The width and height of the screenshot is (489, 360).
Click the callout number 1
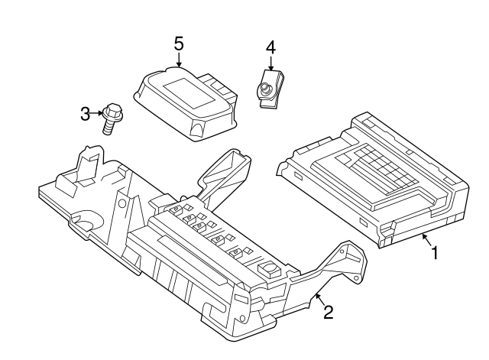click(x=436, y=251)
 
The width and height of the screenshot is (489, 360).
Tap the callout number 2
click(x=329, y=312)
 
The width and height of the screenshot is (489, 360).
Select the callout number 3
click(x=85, y=115)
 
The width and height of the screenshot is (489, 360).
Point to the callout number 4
click(x=270, y=47)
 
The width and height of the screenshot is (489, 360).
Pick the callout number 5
click(x=178, y=43)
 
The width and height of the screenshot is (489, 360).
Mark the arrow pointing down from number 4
click(x=270, y=64)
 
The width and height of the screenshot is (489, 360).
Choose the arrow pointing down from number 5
click(x=178, y=60)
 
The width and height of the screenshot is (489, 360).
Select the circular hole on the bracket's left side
click(x=87, y=223)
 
